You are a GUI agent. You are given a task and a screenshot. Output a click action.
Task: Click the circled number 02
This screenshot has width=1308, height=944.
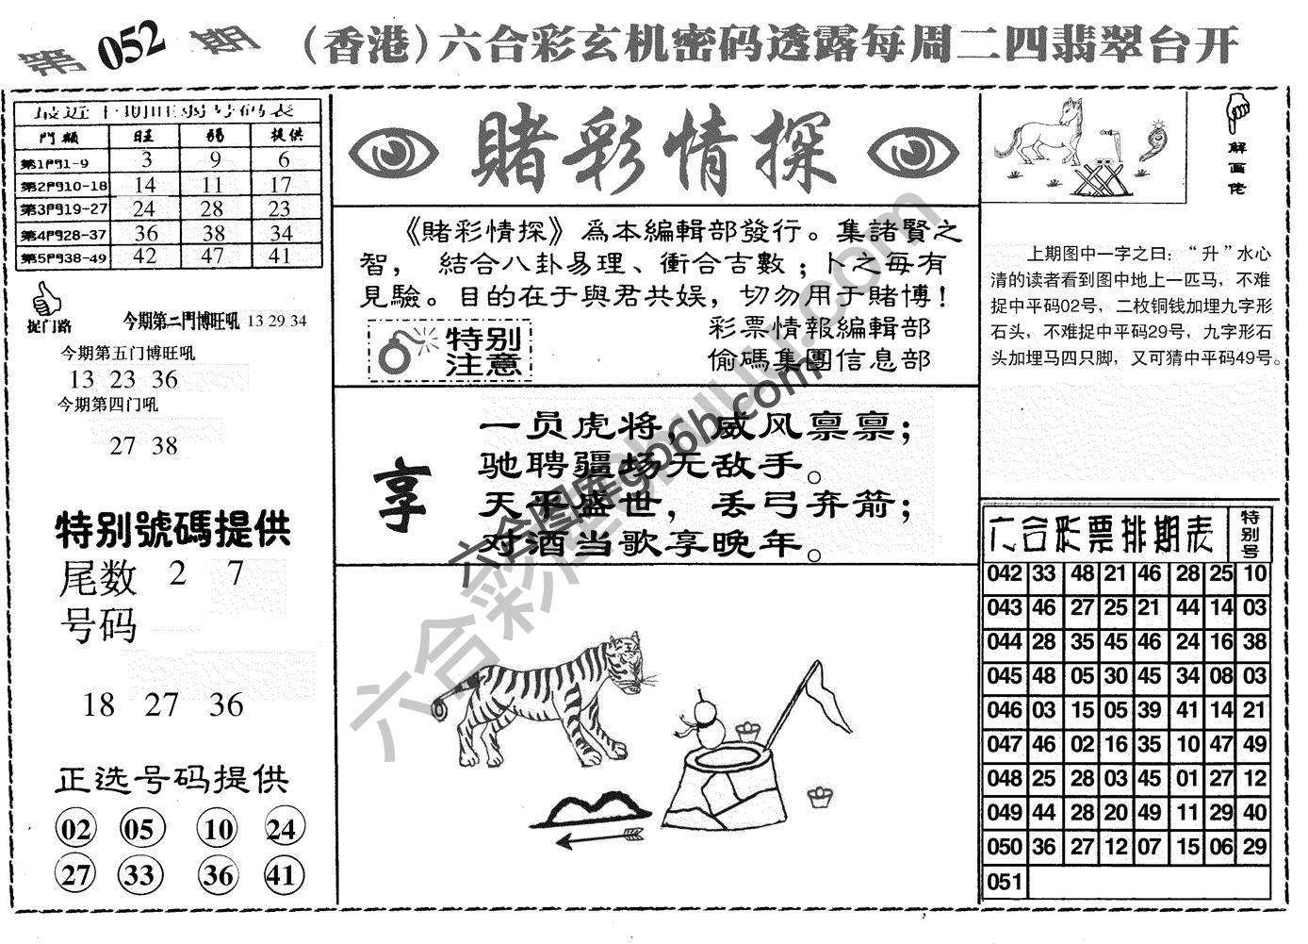[x=76, y=830]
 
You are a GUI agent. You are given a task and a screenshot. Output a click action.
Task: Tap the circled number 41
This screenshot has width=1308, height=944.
[x=281, y=875]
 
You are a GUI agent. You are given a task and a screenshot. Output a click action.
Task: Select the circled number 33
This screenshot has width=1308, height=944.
[x=139, y=875]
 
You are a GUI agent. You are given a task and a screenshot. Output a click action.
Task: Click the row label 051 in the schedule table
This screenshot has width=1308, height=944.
[x=1004, y=881]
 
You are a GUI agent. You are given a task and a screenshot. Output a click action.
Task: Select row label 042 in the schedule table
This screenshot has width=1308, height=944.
[x=1004, y=573]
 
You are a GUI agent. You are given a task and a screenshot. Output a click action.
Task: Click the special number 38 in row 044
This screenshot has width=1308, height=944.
[x=1254, y=642]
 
